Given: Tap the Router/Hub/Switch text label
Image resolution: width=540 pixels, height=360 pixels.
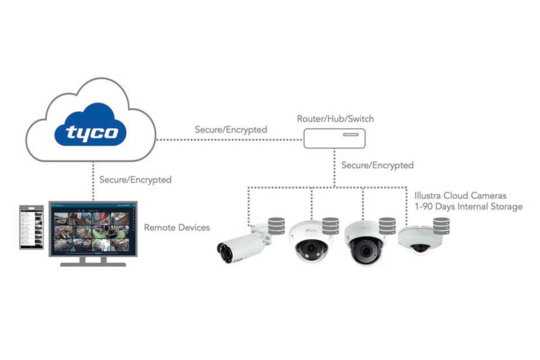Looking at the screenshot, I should pos(335,119).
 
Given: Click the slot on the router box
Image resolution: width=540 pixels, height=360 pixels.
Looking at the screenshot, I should pos(351,134).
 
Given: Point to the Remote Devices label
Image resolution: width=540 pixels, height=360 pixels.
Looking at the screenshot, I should pos(177,227).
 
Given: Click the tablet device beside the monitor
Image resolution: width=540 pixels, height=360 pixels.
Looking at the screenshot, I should pos(31,227).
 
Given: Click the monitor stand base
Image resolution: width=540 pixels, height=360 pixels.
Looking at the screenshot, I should pos(93,264).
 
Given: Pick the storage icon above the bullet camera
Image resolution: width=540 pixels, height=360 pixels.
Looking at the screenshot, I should pos(276,226).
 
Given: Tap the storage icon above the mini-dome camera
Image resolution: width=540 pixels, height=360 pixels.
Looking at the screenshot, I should pos(441,226).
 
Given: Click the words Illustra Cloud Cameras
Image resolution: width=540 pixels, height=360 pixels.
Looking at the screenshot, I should pos(460,196).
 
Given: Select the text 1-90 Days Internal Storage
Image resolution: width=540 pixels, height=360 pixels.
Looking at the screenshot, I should pos(468,206).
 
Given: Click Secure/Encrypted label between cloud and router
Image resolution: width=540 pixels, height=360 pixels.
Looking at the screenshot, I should pos(231,130).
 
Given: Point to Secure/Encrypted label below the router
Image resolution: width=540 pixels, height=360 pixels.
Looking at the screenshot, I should pos(377,165).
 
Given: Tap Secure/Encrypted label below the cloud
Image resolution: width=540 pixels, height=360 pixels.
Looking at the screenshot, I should pos(135,180).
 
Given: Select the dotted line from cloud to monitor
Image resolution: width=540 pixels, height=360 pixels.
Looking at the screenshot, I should pos(93,181).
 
